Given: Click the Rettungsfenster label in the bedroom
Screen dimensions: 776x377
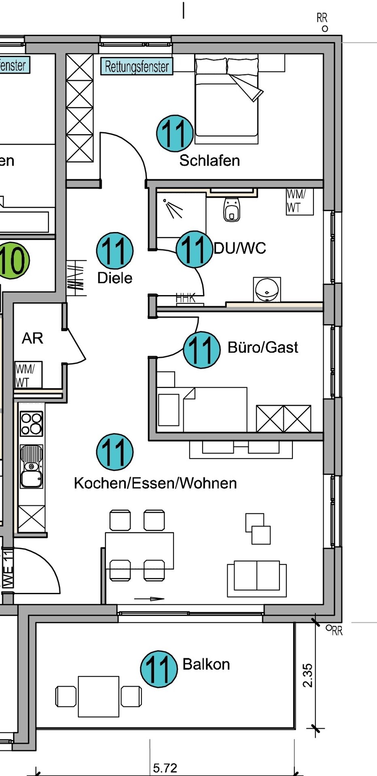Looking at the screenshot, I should (137, 67).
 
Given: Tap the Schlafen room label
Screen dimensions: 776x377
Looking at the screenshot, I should (210, 160).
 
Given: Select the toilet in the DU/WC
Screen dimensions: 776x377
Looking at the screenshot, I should (231, 209).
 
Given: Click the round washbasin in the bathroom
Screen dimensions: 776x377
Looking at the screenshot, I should (267, 289).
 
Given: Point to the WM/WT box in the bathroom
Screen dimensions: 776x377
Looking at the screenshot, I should (299, 201).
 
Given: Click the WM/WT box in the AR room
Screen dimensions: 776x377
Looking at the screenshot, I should (28, 375).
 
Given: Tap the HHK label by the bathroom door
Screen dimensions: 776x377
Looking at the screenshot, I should (186, 298).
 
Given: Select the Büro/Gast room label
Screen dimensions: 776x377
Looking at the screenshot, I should (263, 347).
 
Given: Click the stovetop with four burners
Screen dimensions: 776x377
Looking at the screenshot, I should (32, 423).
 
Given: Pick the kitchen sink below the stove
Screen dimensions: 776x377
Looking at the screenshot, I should (32, 466).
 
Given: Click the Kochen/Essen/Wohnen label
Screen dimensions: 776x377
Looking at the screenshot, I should (155, 483).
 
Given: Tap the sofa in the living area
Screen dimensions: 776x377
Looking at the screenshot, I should (257, 577).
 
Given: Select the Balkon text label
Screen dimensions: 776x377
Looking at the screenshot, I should (206, 664).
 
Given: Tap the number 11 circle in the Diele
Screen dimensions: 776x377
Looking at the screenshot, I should (115, 251).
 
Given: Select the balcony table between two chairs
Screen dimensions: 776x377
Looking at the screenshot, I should (99, 696).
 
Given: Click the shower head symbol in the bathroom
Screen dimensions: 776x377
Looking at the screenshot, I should (173, 208).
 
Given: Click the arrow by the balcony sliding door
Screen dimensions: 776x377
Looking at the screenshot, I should (149, 599).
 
